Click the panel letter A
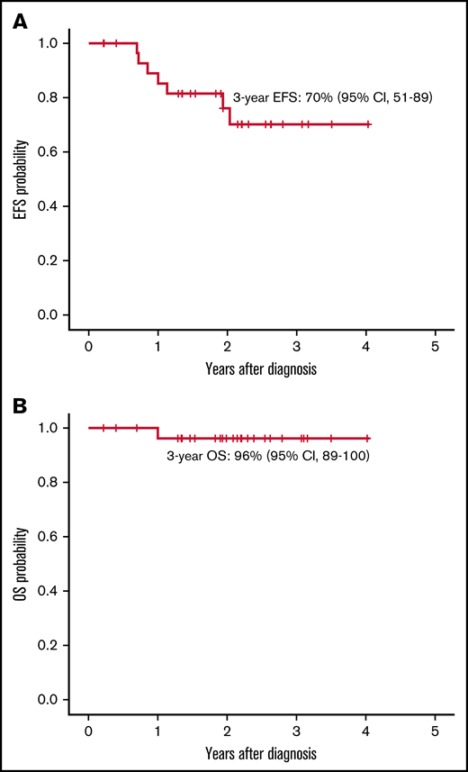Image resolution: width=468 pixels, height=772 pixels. tap(19, 21)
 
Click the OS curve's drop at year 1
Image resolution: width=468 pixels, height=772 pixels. tap(158, 433)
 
